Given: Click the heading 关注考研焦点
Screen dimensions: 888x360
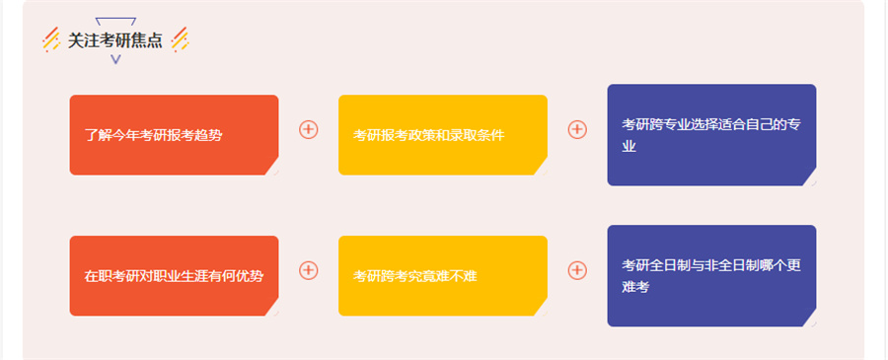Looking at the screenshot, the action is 115,40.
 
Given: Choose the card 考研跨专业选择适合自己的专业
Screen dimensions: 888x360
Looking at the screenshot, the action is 710,134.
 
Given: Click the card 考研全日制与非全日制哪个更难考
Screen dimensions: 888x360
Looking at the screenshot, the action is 710,275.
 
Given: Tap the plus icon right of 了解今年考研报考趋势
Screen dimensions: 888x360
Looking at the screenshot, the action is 309,129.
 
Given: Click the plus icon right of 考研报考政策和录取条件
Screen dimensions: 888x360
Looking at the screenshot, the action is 577,129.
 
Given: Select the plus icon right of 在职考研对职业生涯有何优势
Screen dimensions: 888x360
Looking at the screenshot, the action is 309,269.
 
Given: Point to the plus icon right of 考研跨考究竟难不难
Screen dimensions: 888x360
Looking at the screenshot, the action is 577,269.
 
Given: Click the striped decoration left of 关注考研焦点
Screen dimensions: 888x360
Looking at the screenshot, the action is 51,39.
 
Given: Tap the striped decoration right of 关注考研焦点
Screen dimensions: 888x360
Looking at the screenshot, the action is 180,39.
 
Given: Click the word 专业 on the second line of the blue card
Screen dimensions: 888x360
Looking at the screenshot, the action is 629,146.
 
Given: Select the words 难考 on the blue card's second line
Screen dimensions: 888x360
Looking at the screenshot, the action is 635,287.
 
